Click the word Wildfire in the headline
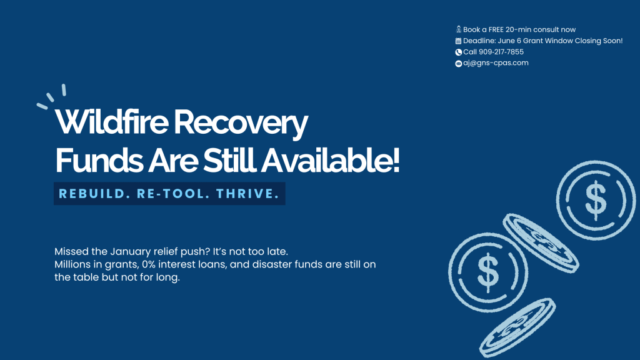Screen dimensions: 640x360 [x=111, y=122]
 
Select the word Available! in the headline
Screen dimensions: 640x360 [x=330, y=161]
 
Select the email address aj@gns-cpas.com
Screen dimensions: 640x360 [x=496, y=63]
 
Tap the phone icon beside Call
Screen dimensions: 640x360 [x=458, y=52]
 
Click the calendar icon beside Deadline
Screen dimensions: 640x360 [x=458, y=41]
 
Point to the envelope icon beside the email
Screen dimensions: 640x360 [x=458, y=64]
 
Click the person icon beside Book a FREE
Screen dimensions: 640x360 [x=458, y=29]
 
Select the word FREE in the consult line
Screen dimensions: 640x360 [x=496, y=29]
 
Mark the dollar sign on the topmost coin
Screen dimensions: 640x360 [x=596, y=200]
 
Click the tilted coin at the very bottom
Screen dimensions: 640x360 [x=517, y=327]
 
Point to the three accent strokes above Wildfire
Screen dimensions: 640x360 [x=51, y=97]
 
